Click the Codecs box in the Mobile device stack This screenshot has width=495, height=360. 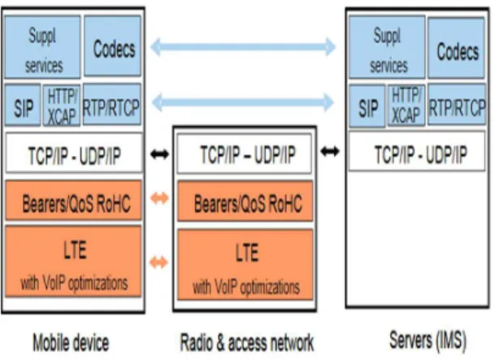112,46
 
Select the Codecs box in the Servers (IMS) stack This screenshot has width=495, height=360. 456,48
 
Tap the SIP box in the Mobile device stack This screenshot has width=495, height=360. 23,106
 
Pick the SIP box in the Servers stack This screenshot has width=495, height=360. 367,106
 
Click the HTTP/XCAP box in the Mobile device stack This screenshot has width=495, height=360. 61,106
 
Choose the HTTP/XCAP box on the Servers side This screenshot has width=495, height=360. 406,106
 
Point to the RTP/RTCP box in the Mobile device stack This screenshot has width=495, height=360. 111,105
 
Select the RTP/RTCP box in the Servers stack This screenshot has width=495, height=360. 457,105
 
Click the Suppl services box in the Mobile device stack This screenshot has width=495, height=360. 42,46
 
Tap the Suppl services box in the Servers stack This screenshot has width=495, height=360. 387,47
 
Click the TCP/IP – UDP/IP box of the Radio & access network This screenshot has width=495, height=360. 245,154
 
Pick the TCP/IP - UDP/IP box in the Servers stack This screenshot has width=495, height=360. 417,152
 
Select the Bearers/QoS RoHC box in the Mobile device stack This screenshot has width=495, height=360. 73,200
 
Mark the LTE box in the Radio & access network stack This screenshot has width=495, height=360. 245,265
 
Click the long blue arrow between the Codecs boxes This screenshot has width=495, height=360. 243,47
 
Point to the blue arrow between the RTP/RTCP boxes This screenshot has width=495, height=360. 243,102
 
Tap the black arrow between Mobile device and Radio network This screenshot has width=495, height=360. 160,154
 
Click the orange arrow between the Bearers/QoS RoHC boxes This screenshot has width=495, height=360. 159,198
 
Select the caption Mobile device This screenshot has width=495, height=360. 71,343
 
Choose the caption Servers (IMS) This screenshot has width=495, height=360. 428,340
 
